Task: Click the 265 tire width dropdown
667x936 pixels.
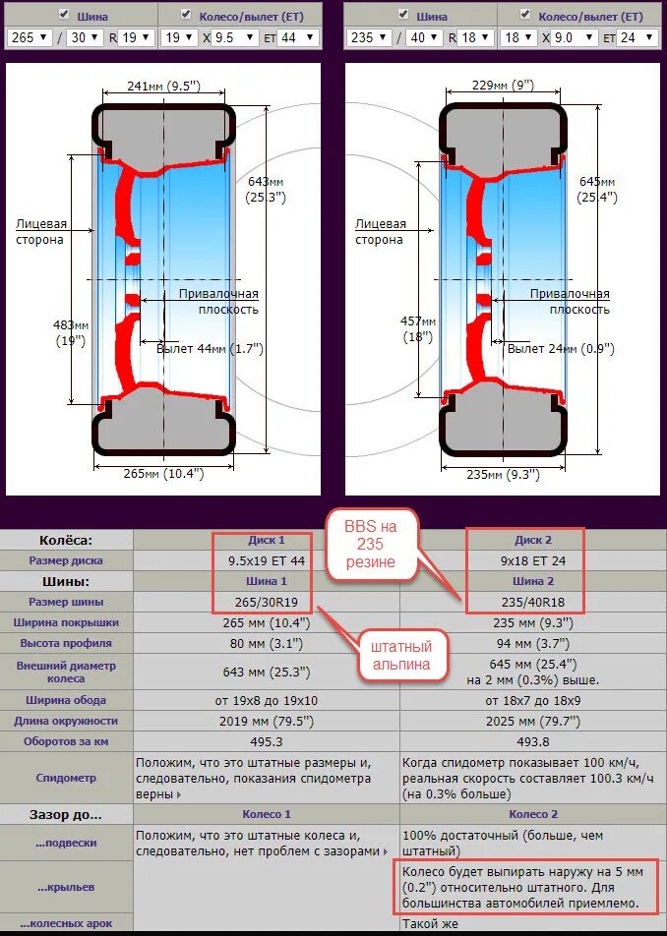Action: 30,37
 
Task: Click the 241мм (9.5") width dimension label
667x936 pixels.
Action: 164,86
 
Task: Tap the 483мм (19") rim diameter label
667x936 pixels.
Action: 71,332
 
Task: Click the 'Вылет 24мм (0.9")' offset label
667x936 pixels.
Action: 560,349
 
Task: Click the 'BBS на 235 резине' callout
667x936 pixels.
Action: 372,543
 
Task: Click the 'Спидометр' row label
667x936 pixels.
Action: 67,778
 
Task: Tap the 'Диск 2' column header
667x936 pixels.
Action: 533,540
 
